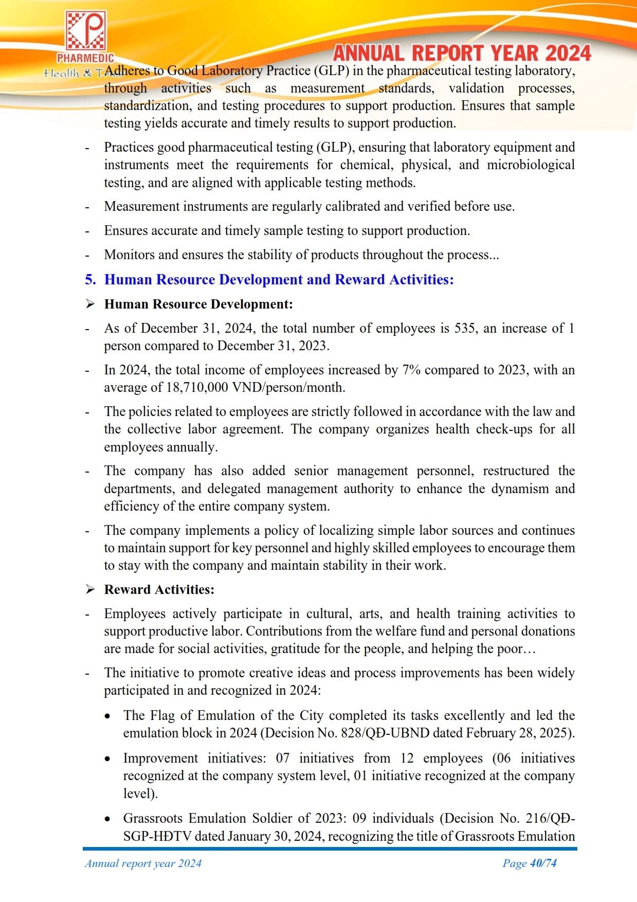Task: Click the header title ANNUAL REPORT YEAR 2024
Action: tap(462, 53)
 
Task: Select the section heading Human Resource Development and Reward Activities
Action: tap(279, 280)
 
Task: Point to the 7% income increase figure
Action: tap(411, 370)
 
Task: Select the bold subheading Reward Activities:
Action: tap(159, 590)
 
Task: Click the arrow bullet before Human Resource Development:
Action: tap(90, 304)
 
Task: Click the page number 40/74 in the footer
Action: tap(543, 863)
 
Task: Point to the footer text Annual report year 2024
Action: tap(143, 863)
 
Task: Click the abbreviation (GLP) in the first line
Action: tap(331, 71)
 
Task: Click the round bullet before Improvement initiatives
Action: tap(107, 759)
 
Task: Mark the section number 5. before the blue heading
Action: tap(90, 280)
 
